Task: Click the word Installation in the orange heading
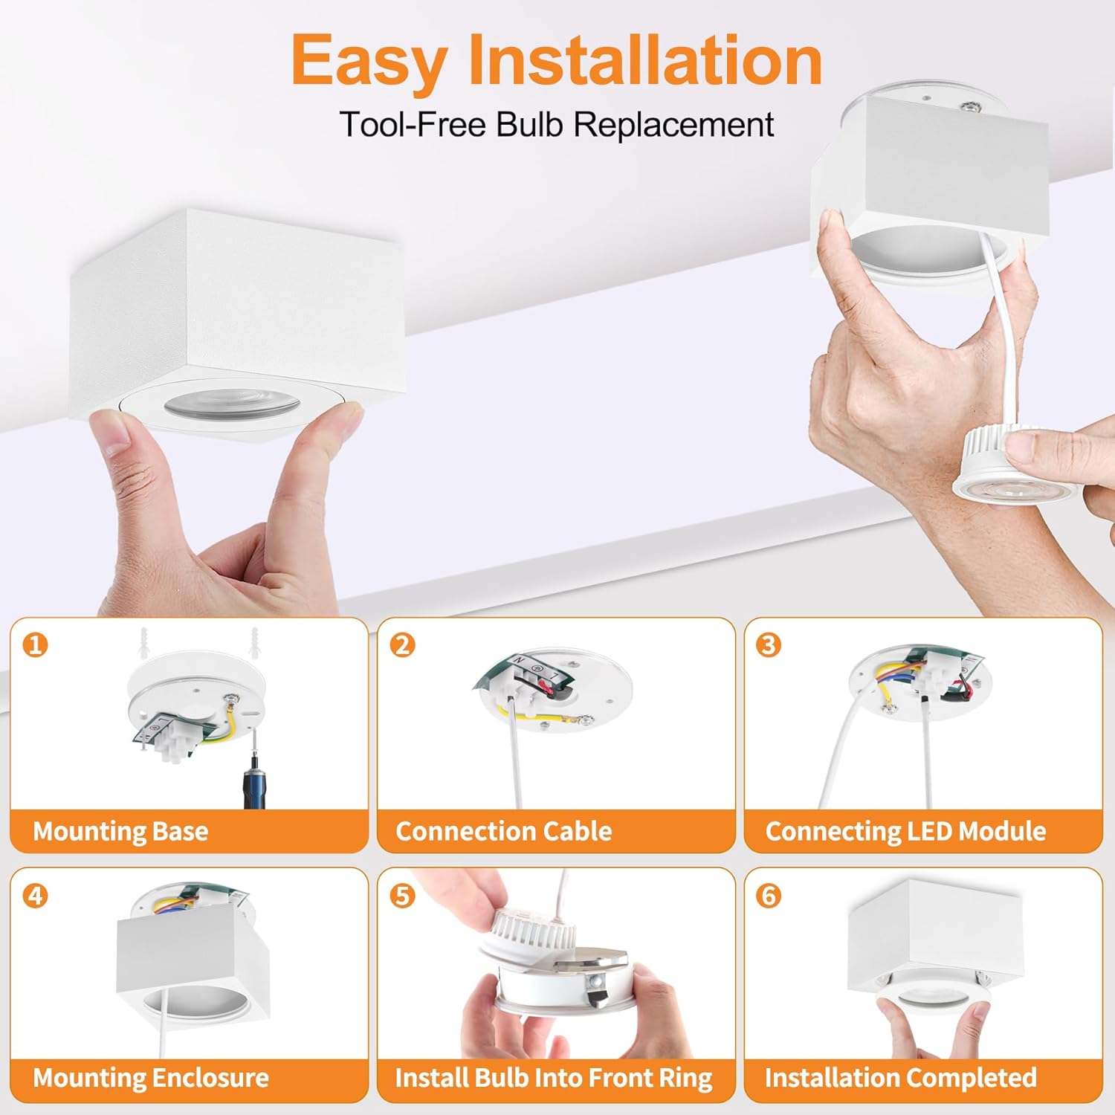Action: [x=644, y=59]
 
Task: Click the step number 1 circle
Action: [x=35, y=644]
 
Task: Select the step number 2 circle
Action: [x=402, y=644]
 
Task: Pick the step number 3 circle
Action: [x=769, y=644]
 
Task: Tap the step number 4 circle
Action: [x=35, y=895]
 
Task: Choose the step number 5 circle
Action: [x=402, y=895]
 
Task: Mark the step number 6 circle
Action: [x=769, y=895]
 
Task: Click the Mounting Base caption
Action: [x=120, y=831]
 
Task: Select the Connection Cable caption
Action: [x=503, y=831]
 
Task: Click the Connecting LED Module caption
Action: [x=905, y=831]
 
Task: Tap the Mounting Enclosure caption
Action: [x=151, y=1078]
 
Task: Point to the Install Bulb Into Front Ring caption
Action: [x=553, y=1078]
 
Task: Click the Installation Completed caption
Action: [x=900, y=1078]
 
